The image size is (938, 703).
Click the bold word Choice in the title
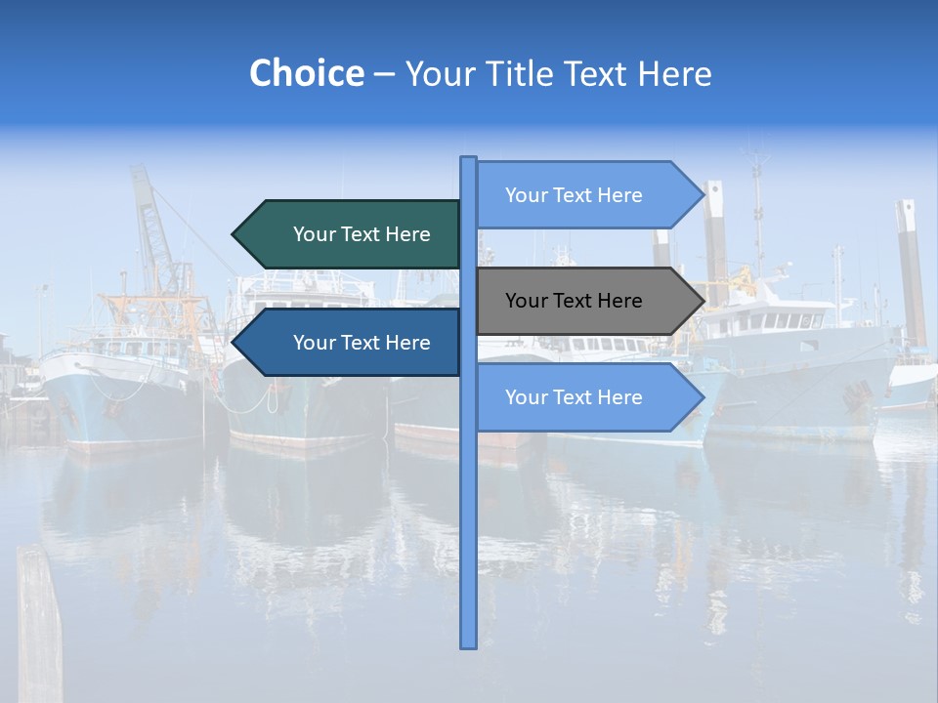[x=306, y=73]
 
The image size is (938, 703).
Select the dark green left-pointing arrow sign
[x=352, y=234]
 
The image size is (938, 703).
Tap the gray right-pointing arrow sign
[x=586, y=301]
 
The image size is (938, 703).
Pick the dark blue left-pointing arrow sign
[x=352, y=343]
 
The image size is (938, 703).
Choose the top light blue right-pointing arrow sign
[x=586, y=195]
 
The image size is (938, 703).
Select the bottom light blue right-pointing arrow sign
[x=586, y=397]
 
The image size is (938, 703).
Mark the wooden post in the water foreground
[x=39, y=625]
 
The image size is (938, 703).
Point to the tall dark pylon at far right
[x=912, y=273]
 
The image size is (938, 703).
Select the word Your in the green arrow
[x=314, y=234]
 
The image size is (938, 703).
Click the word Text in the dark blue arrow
[x=361, y=343]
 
